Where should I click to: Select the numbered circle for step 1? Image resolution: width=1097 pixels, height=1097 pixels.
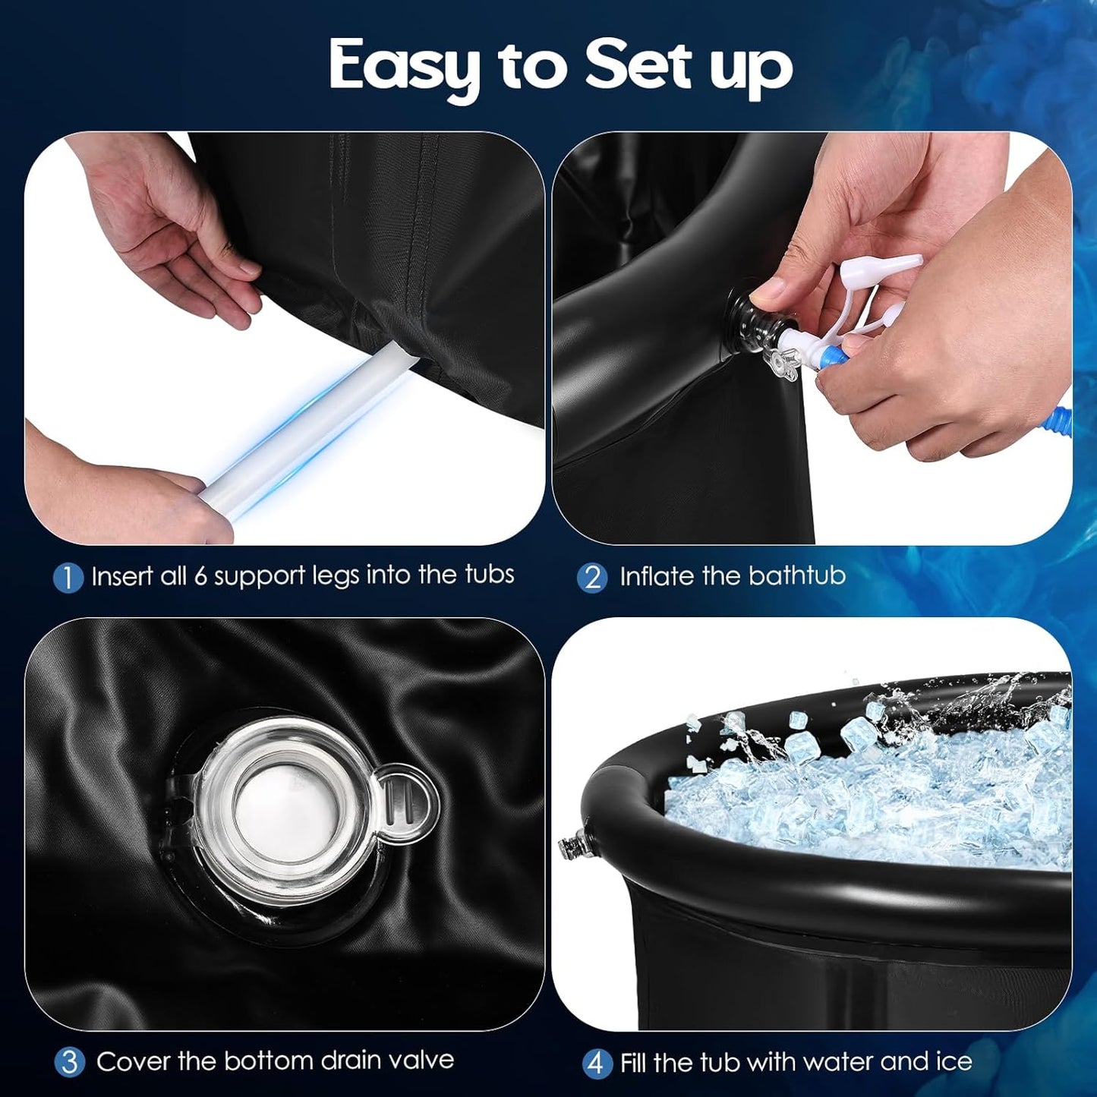(68, 578)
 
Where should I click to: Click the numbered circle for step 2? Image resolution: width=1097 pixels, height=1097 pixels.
(592, 578)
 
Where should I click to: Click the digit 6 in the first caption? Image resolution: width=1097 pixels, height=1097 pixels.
(200, 576)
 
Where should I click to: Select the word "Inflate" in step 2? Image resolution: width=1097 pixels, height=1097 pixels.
(657, 576)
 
